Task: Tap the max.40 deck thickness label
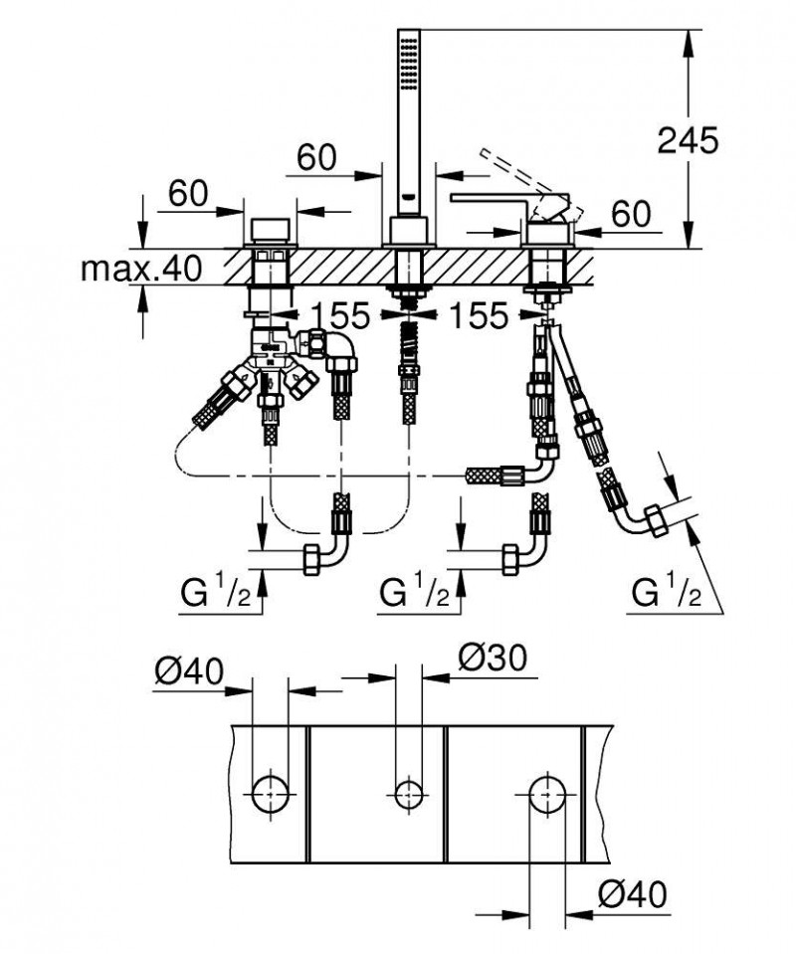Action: (141, 268)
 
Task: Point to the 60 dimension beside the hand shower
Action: (316, 157)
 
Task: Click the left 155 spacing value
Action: (339, 316)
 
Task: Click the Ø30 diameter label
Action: (494, 657)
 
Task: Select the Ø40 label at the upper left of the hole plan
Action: (187, 673)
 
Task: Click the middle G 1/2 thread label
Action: (415, 594)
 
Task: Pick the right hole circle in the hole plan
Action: (546, 794)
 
